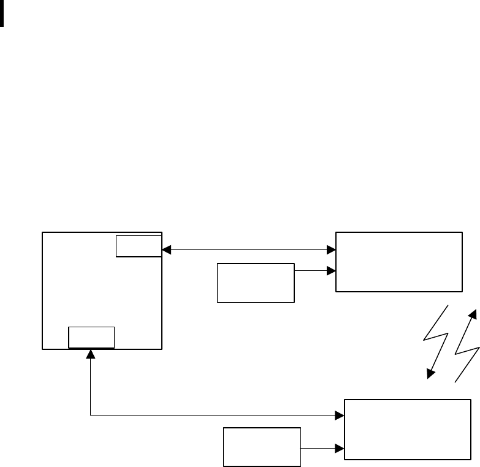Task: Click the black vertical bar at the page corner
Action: point(2,13)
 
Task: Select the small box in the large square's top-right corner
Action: point(139,246)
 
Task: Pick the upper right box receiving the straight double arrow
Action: point(398,261)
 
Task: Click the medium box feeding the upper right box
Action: point(256,283)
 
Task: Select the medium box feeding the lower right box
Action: point(262,447)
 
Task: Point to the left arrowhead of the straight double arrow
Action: point(166,250)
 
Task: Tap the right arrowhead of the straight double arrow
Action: point(332,250)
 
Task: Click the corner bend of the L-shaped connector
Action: point(91,416)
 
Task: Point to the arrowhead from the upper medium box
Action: point(332,270)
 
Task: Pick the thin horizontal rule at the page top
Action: point(240,1)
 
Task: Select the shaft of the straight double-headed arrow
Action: point(248,250)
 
